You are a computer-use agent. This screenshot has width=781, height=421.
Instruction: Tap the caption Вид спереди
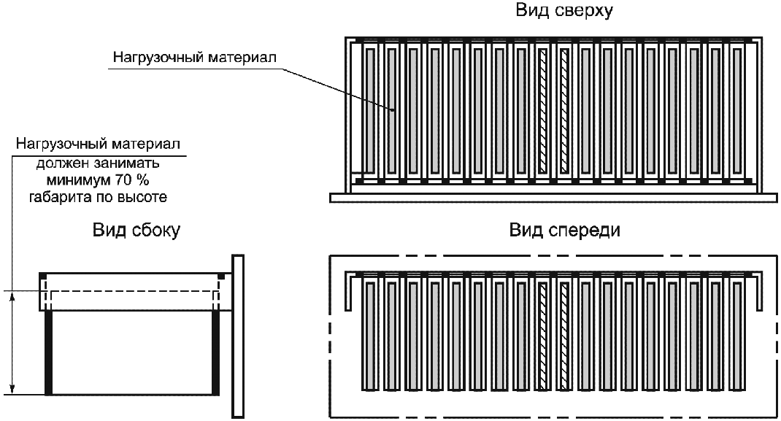click(564, 231)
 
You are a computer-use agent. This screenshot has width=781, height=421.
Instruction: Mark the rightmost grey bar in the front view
click(736, 335)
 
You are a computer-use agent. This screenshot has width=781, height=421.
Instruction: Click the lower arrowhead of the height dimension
click(13, 390)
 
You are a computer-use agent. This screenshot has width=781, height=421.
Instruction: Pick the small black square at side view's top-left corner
click(43, 275)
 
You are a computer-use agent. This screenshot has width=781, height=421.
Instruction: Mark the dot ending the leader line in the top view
click(392, 111)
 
